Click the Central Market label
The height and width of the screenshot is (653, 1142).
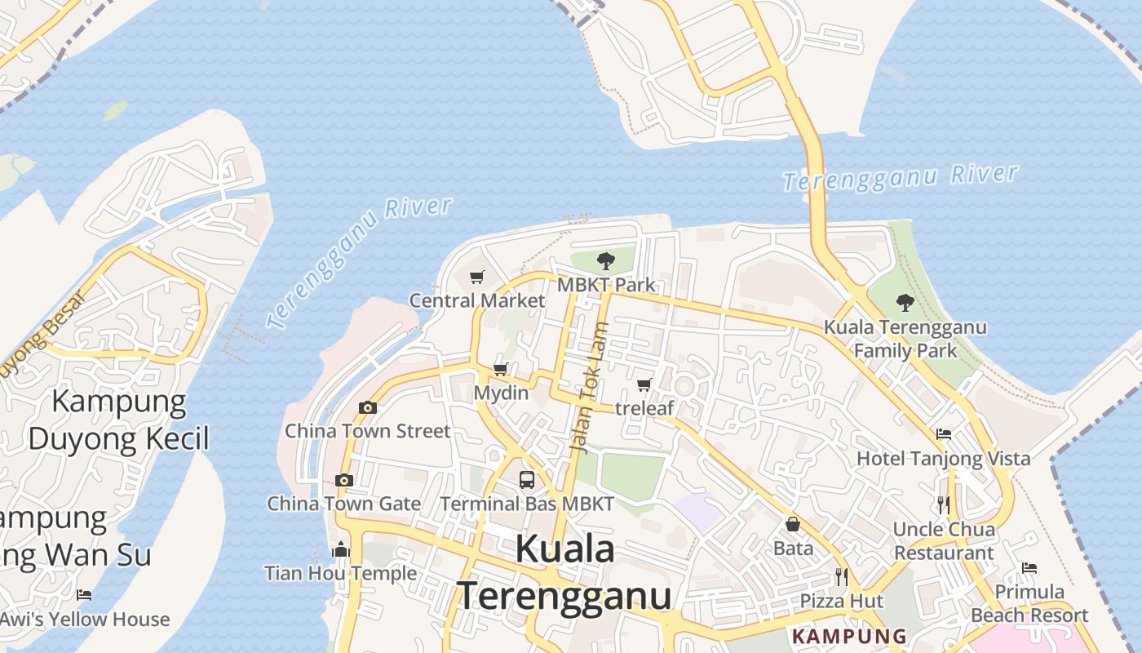pyautogui.click(x=477, y=300)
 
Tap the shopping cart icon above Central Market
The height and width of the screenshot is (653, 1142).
pyautogui.click(x=477, y=278)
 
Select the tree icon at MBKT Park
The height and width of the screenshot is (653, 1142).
pyautogui.click(x=605, y=261)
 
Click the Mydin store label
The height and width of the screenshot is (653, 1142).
pyautogui.click(x=501, y=393)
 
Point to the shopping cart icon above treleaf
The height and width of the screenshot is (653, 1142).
pyautogui.click(x=644, y=384)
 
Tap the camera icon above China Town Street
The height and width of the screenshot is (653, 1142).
pyautogui.click(x=368, y=407)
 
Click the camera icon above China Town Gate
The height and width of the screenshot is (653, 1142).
pyautogui.click(x=344, y=480)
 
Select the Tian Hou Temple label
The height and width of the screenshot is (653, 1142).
pyautogui.click(x=341, y=573)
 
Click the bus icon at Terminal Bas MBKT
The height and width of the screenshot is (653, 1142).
pyautogui.click(x=527, y=480)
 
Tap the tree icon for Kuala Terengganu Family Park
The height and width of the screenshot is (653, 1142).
pyautogui.click(x=905, y=303)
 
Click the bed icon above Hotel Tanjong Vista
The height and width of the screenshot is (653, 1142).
pyautogui.click(x=944, y=434)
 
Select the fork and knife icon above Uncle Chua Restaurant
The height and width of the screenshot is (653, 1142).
pyautogui.click(x=944, y=505)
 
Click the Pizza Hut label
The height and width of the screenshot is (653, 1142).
pyautogui.click(x=841, y=602)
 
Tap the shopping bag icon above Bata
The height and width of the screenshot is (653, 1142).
pyautogui.click(x=793, y=524)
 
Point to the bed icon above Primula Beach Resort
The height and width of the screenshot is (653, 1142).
pyautogui.click(x=1029, y=568)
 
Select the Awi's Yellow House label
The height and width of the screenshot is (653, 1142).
pyautogui.click(x=85, y=620)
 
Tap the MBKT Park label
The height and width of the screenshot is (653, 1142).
pyautogui.click(x=606, y=285)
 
